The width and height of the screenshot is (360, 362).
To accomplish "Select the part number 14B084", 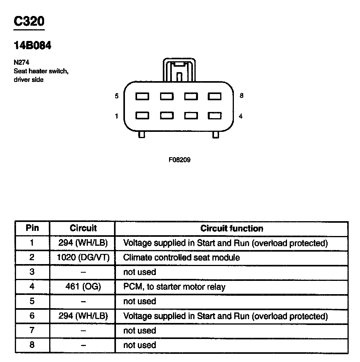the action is (x=32, y=46).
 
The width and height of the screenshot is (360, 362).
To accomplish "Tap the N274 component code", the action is (x=21, y=62).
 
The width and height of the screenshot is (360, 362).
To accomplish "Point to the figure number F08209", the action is (x=180, y=160).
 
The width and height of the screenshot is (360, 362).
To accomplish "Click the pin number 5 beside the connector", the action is (x=116, y=96).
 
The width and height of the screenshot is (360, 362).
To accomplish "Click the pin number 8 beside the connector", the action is (x=241, y=96).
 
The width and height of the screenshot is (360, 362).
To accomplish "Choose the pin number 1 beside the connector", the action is (x=116, y=116).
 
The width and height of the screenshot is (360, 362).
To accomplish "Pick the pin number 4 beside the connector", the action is (x=241, y=116).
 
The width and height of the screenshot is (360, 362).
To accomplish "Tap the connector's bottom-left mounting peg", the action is (x=142, y=135).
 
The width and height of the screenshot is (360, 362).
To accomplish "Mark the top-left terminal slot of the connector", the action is (x=142, y=96).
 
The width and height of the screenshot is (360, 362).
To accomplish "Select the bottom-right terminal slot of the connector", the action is (x=215, y=116).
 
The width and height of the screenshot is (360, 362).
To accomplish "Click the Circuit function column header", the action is (x=232, y=229).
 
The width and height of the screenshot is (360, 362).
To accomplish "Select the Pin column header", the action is (x=32, y=228).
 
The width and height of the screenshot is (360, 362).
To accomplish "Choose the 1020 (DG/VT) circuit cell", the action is (x=82, y=257).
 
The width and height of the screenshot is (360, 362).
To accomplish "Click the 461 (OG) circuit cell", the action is (x=82, y=287).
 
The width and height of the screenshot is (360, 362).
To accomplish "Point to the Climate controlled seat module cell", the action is (x=182, y=257).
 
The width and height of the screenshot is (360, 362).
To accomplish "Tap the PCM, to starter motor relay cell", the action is (x=174, y=287).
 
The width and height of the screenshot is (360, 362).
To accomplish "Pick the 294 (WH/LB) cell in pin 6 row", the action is (x=82, y=316).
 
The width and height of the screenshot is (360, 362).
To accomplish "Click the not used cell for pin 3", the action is (x=139, y=272).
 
